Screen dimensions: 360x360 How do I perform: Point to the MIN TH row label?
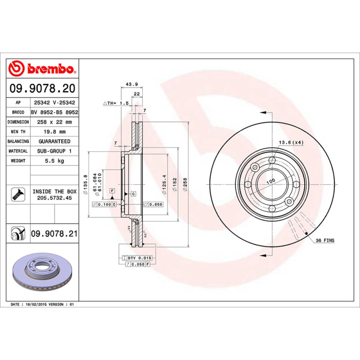pos(18,131)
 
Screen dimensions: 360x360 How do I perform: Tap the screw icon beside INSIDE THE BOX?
pos(16,194)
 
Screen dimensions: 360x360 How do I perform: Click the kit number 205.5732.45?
pos(54,198)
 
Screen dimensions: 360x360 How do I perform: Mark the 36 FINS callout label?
pos(324,241)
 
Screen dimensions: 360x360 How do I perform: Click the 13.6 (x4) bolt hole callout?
pos(291,143)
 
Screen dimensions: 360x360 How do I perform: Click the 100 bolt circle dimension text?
pos(270,181)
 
